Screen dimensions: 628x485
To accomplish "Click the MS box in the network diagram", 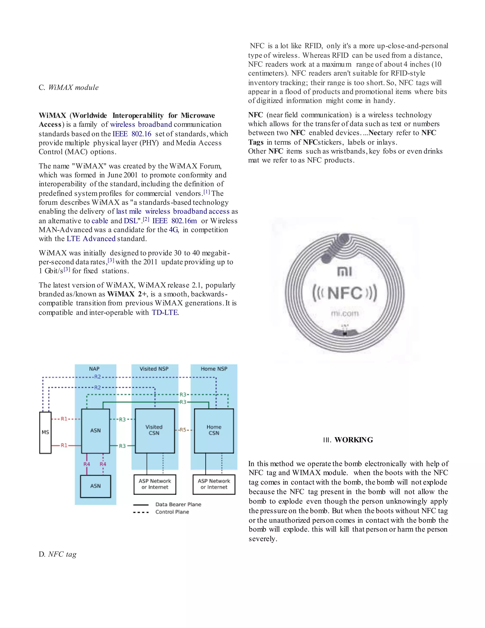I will pyautogui.click(x=45, y=432).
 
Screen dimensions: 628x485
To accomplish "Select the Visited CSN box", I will pyautogui.click(x=155, y=430).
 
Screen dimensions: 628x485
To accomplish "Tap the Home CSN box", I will pyautogui.click(x=214, y=430).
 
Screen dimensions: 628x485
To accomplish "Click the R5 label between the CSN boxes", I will pyautogui.click(x=183, y=430).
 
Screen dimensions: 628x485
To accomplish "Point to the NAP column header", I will pyautogui.click(x=94, y=369).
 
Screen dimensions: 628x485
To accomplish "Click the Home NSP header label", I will pyautogui.click(x=214, y=369).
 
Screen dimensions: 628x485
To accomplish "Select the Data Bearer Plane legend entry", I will pyautogui.click(x=178, y=504).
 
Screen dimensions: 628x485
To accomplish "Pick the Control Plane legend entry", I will pyautogui.click(x=172, y=512).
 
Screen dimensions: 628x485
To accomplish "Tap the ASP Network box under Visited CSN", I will pyautogui.click(x=155, y=484).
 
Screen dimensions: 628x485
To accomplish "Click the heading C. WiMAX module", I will pyautogui.click(x=69, y=87).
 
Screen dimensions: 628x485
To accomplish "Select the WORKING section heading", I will pyautogui.click(x=348, y=440).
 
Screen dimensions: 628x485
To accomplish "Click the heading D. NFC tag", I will pyautogui.click(x=58, y=554).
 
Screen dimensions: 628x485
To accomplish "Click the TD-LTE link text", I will pyautogui.click(x=165, y=312).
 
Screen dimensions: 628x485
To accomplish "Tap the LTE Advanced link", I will pyautogui.click(x=91, y=239).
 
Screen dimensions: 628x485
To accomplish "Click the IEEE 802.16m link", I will pyautogui.click(x=174, y=221).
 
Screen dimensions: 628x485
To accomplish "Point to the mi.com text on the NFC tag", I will pyautogui.click(x=345, y=314).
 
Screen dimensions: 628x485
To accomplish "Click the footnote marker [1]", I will pyautogui.click(x=207, y=192).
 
